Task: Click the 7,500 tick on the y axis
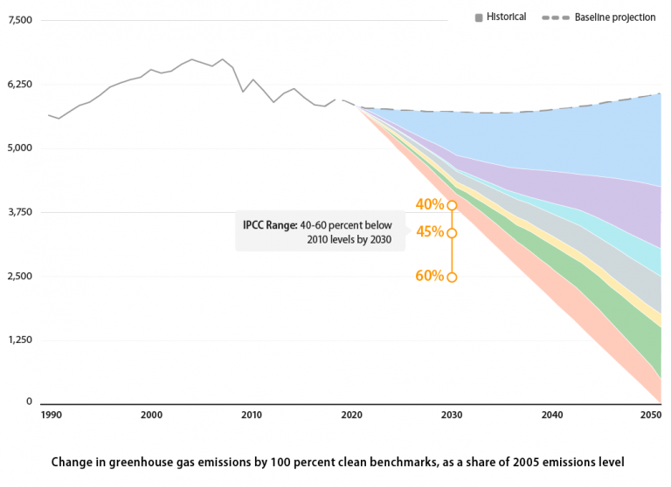[x=18, y=20]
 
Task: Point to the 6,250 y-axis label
[x=18, y=84]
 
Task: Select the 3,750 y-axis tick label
[x=18, y=212]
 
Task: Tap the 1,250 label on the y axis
[x=18, y=340]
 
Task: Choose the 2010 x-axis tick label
[x=252, y=415]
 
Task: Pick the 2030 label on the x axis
[x=452, y=415]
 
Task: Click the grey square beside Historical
[x=479, y=17]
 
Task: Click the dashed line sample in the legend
[x=556, y=17]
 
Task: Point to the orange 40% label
[x=429, y=205]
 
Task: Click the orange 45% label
[x=429, y=232]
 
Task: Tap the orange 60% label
[x=429, y=276]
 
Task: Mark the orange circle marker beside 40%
[x=452, y=205]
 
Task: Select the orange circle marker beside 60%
[x=452, y=278]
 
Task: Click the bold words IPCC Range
[x=269, y=224]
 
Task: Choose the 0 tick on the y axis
[x=29, y=402]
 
